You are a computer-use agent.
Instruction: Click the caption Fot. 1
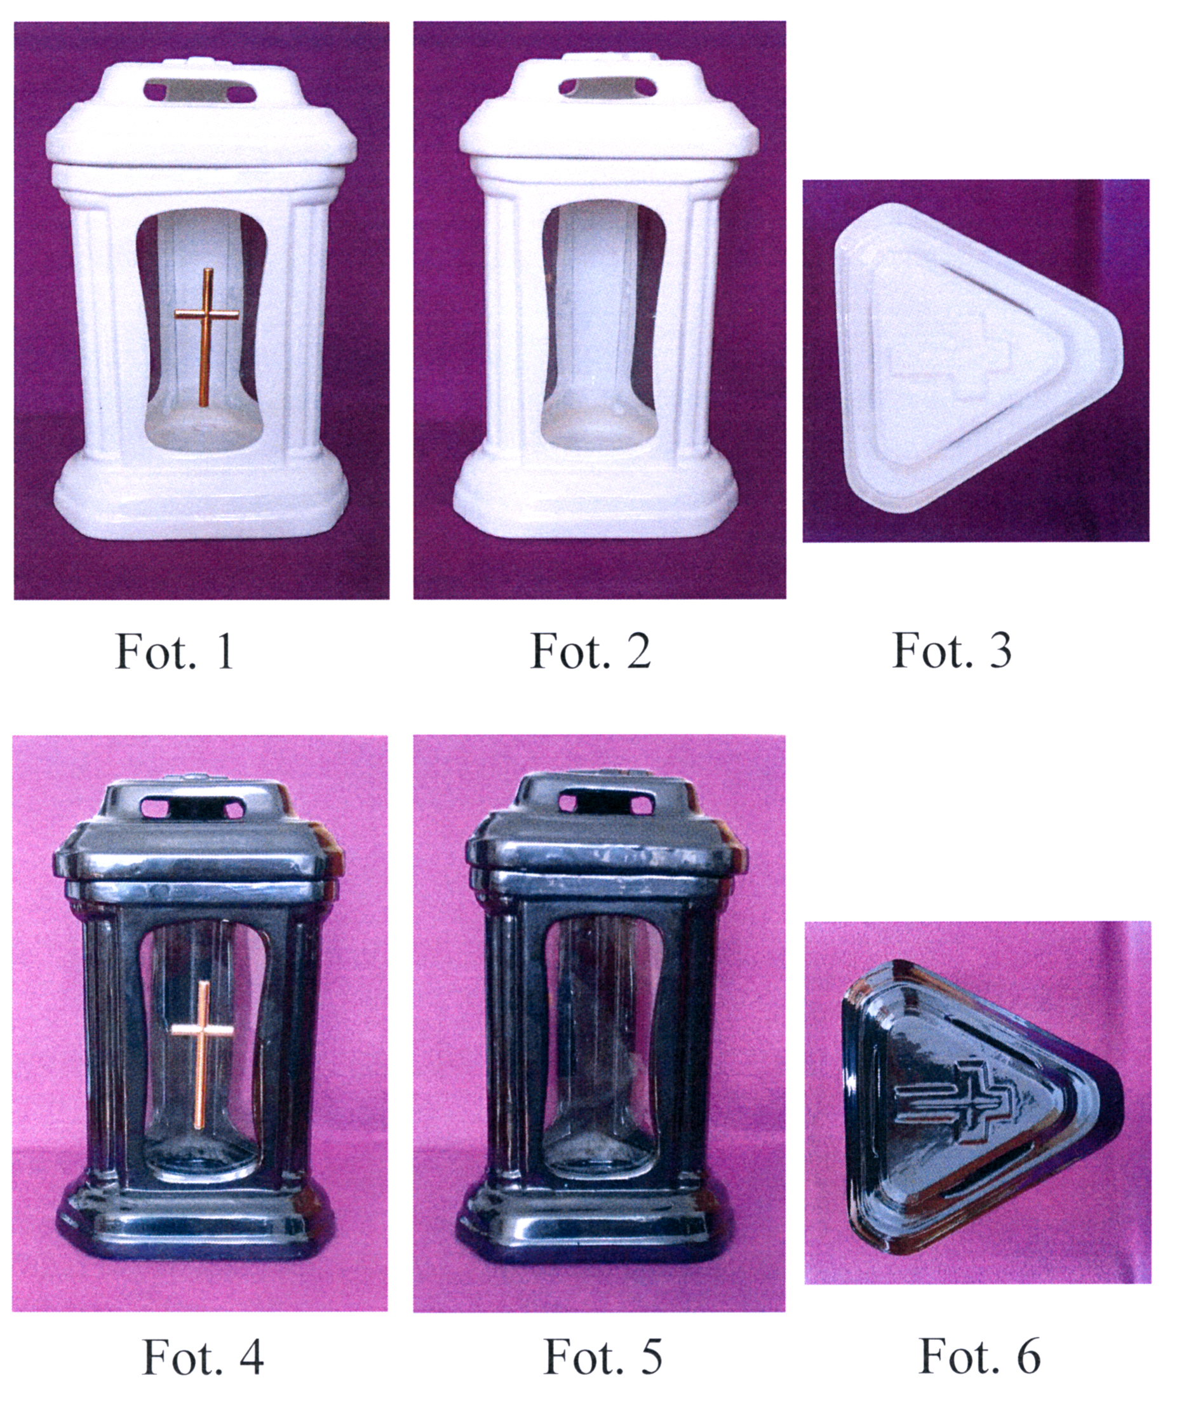(x=175, y=650)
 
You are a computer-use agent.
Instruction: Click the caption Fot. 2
(x=591, y=650)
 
